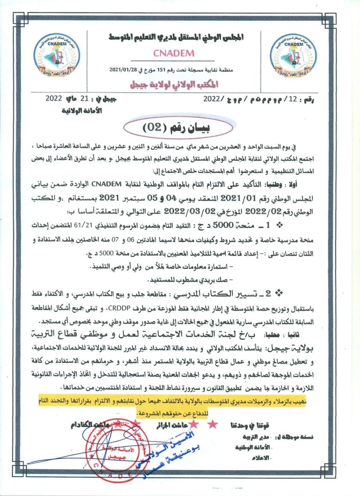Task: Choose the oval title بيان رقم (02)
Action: coord(178,127)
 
